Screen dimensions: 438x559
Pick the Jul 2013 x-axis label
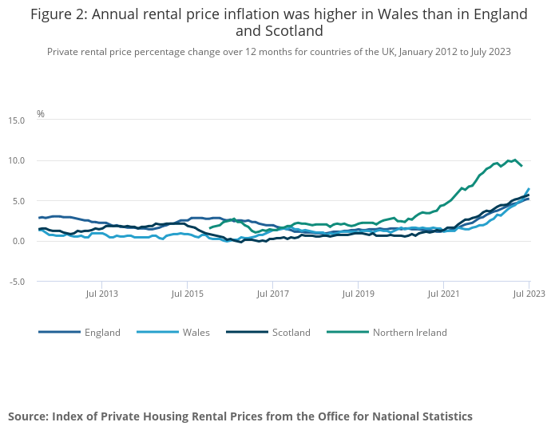click(101, 294)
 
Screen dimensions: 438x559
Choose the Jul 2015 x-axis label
click(187, 294)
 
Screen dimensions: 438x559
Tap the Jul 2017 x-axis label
click(272, 294)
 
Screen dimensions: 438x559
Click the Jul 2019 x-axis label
click(358, 294)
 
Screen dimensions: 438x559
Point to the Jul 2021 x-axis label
click(443, 294)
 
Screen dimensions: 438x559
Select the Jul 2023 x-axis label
click(529, 294)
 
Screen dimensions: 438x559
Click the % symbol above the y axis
click(41, 114)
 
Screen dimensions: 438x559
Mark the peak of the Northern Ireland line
click(514, 160)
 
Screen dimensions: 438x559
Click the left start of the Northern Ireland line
click(210, 228)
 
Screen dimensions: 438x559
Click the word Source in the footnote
click(27, 416)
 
